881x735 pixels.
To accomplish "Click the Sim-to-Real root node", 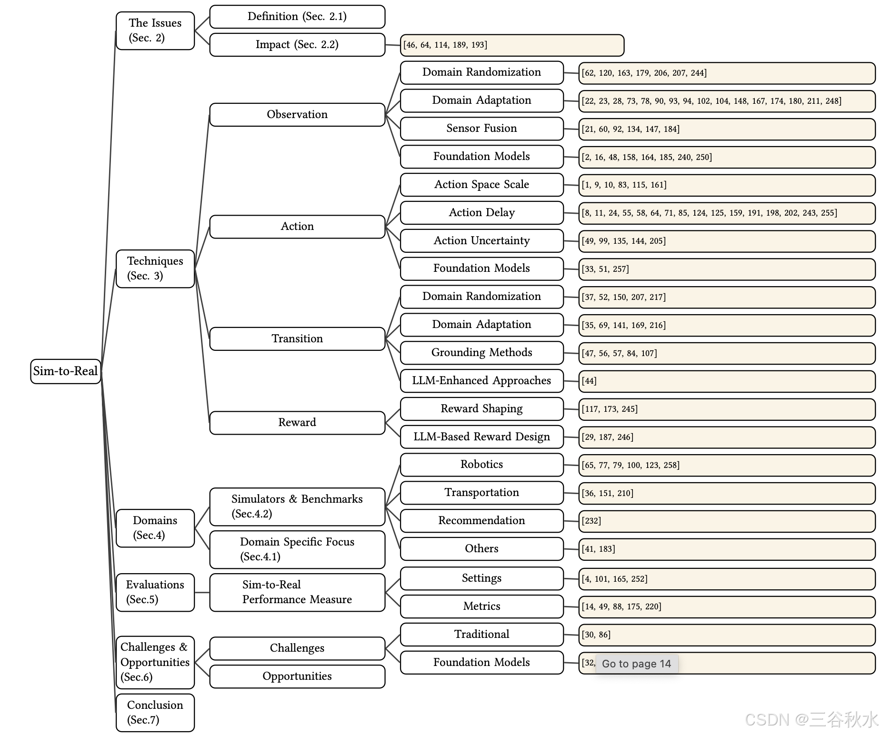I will coord(66,371).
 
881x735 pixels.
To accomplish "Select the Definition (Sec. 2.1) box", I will coord(297,17).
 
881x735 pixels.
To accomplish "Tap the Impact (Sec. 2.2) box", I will coord(297,45).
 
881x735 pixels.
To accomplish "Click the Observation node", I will coord(297,115).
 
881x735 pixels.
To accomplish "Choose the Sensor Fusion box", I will coord(481,129).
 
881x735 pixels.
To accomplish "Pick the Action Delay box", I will coord(481,213).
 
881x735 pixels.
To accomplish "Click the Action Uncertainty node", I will coord(481,241).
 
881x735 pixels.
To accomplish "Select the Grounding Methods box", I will coord(481,353).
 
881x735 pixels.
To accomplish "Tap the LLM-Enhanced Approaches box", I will coord(481,381).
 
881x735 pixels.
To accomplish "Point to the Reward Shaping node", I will coord(481,409).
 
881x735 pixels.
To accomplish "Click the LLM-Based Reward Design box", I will coord(481,437).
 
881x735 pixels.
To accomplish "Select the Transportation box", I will coord(481,493).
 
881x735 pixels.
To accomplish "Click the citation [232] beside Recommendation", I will coord(591,521).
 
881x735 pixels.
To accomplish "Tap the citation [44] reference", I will coord(589,381).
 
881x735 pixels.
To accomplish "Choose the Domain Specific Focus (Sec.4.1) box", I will coord(297,549).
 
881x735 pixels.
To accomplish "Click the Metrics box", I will coord(481,606).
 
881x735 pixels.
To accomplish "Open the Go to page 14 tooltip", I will coord(636,664).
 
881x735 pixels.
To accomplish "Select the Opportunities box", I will coord(297,676).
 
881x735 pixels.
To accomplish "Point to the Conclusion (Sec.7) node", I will coord(155,713).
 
